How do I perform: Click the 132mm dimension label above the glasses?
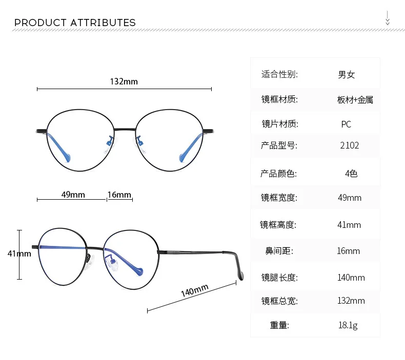[x=124, y=81]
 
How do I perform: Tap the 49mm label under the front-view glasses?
[x=73, y=195]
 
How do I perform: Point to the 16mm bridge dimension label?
[x=119, y=195]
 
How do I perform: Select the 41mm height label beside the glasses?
[x=19, y=253]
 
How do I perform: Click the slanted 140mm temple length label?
[x=194, y=290]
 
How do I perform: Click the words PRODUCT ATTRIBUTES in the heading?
[x=75, y=23]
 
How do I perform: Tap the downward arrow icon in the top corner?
[x=388, y=18]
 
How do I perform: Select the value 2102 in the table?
[x=350, y=145]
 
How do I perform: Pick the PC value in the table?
[x=346, y=124]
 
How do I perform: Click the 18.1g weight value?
[x=348, y=325]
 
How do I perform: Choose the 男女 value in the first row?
[x=347, y=75]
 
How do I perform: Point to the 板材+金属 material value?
[x=355, y=100]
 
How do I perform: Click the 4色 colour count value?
[x=351, y=174]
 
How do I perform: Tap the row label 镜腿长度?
[x=279, y=278]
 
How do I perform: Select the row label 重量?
[x=279, y=325]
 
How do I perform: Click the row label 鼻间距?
[x=279, y=251]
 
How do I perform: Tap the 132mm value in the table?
[x=351, y=301]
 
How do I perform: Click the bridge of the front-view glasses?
[x=125, y=129]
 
